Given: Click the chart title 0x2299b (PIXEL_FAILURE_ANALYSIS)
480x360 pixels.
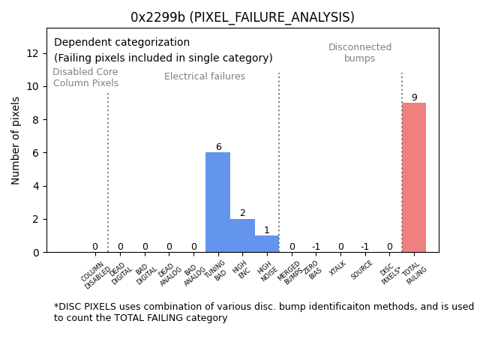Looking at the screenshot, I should tap(242, 17).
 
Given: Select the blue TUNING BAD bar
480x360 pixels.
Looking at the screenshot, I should tap(217, 202).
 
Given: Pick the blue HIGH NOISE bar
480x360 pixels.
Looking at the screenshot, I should tap(266, 244).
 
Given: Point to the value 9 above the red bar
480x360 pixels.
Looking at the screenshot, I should tap(414, 97).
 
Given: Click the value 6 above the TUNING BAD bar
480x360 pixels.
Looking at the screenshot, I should tap(218, 147).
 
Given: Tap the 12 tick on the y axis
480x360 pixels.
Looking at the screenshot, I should tap(33, 53).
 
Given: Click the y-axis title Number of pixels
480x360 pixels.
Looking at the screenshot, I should tap(16, 140).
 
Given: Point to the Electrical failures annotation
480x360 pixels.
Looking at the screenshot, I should tap(205, 76).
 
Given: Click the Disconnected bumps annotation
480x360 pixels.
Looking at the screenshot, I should tap(360, 52).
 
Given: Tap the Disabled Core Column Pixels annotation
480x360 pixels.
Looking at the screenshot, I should tap(85, 77).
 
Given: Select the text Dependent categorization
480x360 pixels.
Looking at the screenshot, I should tap(121, 43).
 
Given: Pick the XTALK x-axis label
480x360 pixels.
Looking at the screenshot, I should tap(338, 268).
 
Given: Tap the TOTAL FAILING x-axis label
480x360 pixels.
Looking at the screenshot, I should tap(415, 273).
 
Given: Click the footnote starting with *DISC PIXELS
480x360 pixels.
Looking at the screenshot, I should tap(263, 312).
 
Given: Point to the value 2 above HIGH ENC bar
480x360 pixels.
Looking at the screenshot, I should tap(242, 213).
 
